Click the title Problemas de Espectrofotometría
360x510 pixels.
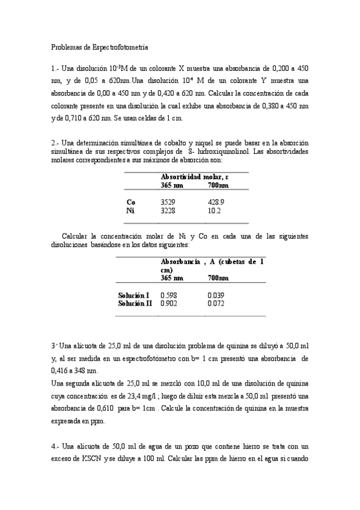pyautogui.click(x=100, y=46)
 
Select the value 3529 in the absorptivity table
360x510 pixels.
pyautogui.click(x=168, y=202)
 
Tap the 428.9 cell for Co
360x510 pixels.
pyautogui.click(x=216, y=202)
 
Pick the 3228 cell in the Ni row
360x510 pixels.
pyautogui.click(x=168, y=211)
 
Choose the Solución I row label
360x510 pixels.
pyautogui.click(x=133, y=295)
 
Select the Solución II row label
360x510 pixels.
pyautogui.click(x=135, y=304)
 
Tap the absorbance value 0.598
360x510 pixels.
pyautogui.click(x=169, y=295)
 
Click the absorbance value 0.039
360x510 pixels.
pyautogui.click(x=216, y=295)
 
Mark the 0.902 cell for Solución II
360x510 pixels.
pyautogui.click(x=169, y=304)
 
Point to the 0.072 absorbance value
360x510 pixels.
pyautogui.click(x=216, y=304)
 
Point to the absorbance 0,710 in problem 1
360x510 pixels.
pyautogui.click(x=71, y=118)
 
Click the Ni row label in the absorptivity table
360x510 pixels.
pyautogui.click(x=130, y=211)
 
